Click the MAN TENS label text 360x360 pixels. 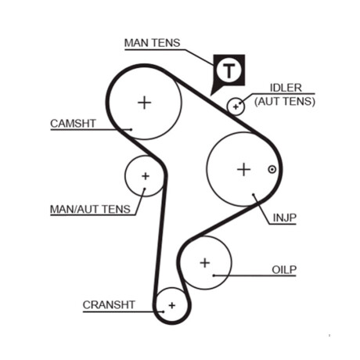(152, 43)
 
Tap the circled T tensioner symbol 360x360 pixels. (229, 70)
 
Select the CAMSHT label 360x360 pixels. (73, 124)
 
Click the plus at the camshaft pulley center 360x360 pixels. (144, 103)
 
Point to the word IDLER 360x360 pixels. (286, 88)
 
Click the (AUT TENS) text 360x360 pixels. (285, 101)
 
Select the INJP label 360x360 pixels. (285, 218)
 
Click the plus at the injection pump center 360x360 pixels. (244, 170)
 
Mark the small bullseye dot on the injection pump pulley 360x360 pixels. (272, 170)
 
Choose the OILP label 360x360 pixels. (284, 270)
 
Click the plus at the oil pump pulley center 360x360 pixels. (205, 263)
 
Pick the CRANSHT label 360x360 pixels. (109, 304)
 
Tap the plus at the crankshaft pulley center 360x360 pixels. (172, 305)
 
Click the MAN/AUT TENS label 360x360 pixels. (90, 209)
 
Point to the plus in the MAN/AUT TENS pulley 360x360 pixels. (146, 176)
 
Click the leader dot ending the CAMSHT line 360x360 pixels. (131, 129)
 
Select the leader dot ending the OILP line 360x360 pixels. (214, 275)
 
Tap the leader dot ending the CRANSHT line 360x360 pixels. (164, 311)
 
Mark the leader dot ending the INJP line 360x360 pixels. (254, 194)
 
